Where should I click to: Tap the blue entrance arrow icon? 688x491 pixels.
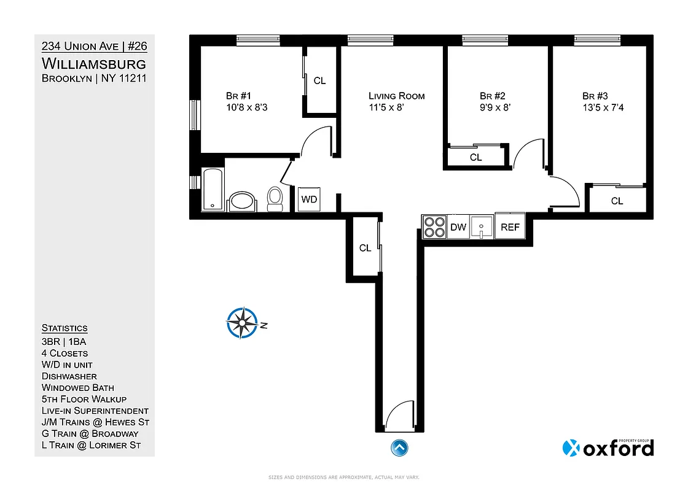point(399,447)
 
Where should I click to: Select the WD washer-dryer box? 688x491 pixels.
point(308,199)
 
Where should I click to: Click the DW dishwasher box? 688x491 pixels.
point(458,227)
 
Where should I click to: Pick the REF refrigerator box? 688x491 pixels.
point(510,227)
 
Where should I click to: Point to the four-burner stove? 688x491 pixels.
point(434,227)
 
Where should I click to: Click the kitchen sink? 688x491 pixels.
point(483,227)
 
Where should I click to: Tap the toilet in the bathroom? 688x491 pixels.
point(275,198)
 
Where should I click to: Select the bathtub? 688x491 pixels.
point(212,189)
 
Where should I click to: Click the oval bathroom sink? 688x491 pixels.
point(244,201)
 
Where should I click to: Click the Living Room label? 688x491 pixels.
point(396,96)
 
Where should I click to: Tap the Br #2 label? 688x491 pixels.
point(492,96)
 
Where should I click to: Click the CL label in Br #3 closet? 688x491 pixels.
point(617,201)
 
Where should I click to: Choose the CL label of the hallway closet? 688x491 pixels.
point(365,248)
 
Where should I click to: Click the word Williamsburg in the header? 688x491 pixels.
point(93,63)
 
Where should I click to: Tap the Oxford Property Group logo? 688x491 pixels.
point(608,447)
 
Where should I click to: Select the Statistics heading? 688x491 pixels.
point(64,328)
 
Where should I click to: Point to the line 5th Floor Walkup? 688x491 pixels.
point(84,399)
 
